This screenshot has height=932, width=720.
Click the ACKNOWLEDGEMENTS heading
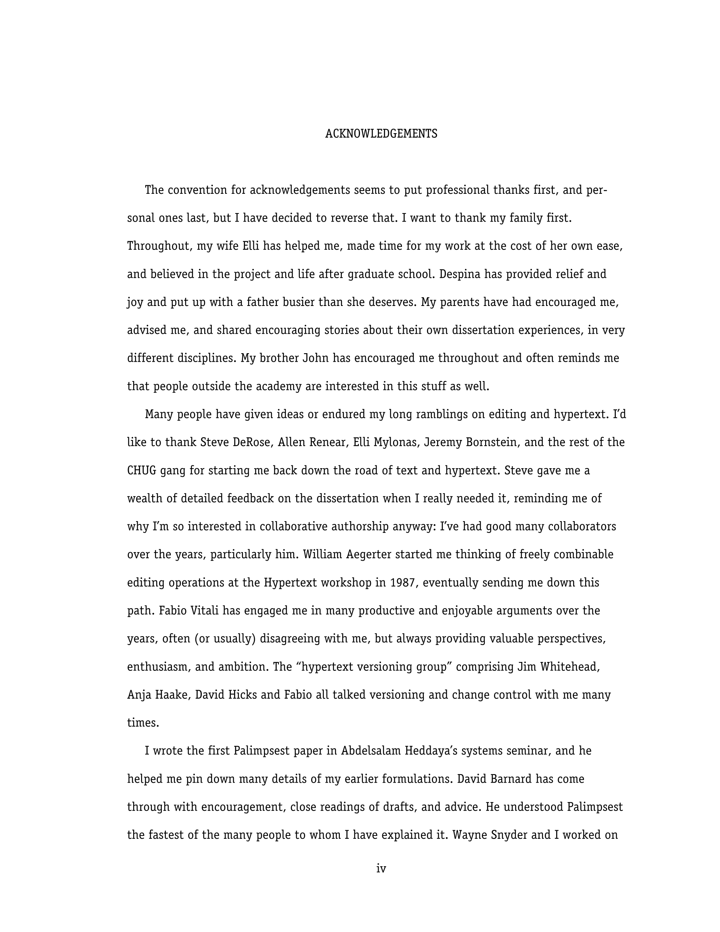coord(381,134)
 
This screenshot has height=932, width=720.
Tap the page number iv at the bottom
coord(381,868)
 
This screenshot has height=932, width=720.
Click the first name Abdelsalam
coord(371,751)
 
